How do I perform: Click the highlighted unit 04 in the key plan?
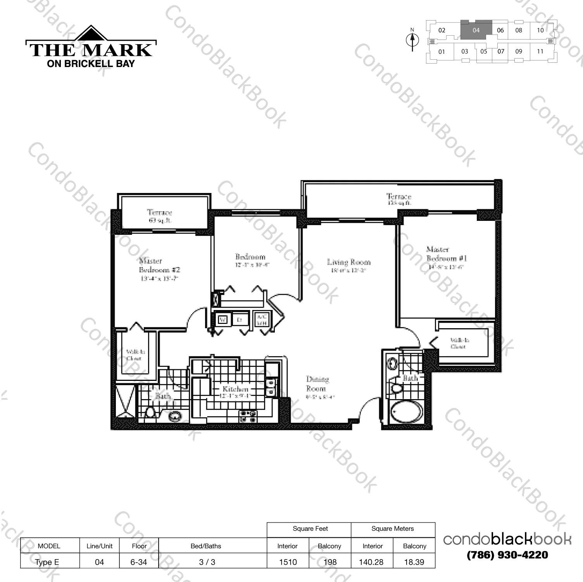coord(476,30)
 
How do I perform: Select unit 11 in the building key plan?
coord(540,51)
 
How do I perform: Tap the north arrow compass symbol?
coord(412,40)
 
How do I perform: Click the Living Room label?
coord(348,263)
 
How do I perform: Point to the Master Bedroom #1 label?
coord(446,254)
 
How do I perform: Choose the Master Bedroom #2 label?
coord(159,266)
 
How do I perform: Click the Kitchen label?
coord(235,389)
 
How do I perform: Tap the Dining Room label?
coord(316,384)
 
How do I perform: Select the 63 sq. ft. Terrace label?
coord(159,216)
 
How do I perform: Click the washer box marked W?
coord(223,320)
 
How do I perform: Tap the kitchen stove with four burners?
coord(248,416)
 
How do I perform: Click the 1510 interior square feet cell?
coord(288,562)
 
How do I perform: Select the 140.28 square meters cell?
coord(371,562)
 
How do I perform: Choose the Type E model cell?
coord(47,562)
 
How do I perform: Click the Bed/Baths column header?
coord(206,546)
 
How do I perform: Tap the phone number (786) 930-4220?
coord(507,555)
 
